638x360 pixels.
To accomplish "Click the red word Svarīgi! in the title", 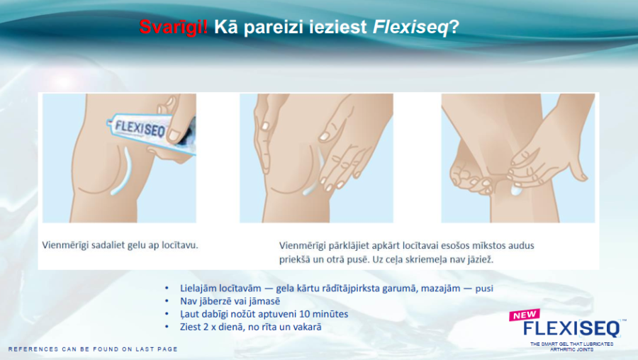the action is [x=174, y=27].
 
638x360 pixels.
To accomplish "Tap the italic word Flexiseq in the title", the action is [x=410, y=27].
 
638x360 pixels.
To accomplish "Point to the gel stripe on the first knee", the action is [x=121, y=171].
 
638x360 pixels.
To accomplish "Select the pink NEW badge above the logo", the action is [x=525, y=315].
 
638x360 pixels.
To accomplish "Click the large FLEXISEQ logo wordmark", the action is [x=571, y=328].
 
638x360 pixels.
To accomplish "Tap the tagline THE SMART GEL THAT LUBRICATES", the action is [x=571, y=344].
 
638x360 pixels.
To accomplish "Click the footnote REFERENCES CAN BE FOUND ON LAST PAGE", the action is [x=93, y=349].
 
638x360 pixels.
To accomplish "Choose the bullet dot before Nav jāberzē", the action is [x=167, y=301].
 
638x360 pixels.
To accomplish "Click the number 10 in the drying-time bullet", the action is [x=304, y=314].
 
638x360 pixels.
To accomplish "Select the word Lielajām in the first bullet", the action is [x=198, y=288].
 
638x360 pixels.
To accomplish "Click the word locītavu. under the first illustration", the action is [x=180, y=245].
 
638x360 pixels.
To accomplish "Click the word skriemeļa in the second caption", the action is [x=421, y=259].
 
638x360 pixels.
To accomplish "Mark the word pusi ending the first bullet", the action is [x=484, y=289].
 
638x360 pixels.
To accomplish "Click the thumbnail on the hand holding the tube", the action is [x=175, y=135].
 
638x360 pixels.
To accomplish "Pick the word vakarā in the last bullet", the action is [x=308, y=327].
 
